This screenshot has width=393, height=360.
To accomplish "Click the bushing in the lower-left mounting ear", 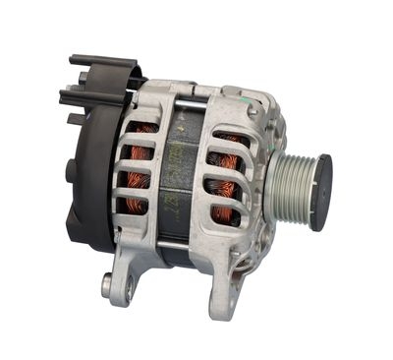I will [x=106, y=286].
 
